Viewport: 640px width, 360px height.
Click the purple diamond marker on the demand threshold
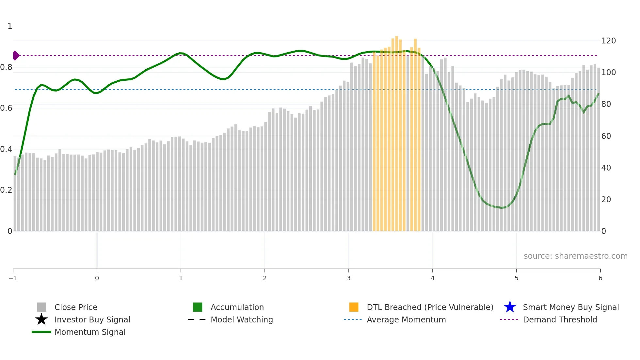[x=16, y=56]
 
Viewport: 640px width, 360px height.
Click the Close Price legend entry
[x=76, y=307]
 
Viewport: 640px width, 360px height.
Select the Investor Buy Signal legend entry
[x=92, y=319]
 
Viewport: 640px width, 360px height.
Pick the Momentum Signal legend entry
[x=90, y=332]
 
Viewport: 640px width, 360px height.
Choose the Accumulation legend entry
[x=237, y=307]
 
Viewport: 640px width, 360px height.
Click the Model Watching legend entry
[x=242, y=319]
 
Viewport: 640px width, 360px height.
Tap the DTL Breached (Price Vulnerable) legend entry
[x=430, y=307]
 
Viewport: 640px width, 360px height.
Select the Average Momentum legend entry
[x=406, y=319]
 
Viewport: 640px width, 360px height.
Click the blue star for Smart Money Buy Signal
[x=510, y=307]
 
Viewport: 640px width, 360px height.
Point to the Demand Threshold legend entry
[x=560, y=319]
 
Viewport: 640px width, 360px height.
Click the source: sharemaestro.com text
[x=575, y=256]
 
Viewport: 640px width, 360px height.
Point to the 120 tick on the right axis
[x=608, y=41]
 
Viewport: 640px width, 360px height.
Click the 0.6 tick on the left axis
[x=6, y=108]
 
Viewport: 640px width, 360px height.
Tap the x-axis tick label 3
[x=349, y=278]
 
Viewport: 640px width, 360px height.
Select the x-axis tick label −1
[x=13, y=278]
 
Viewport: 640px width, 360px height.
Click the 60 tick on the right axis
[x=606, y=136]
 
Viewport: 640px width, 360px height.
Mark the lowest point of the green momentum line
[x=503, y=208]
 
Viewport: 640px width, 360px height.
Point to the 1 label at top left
[x=10, y=26]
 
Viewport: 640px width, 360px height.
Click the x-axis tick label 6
[x=600, y=278]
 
